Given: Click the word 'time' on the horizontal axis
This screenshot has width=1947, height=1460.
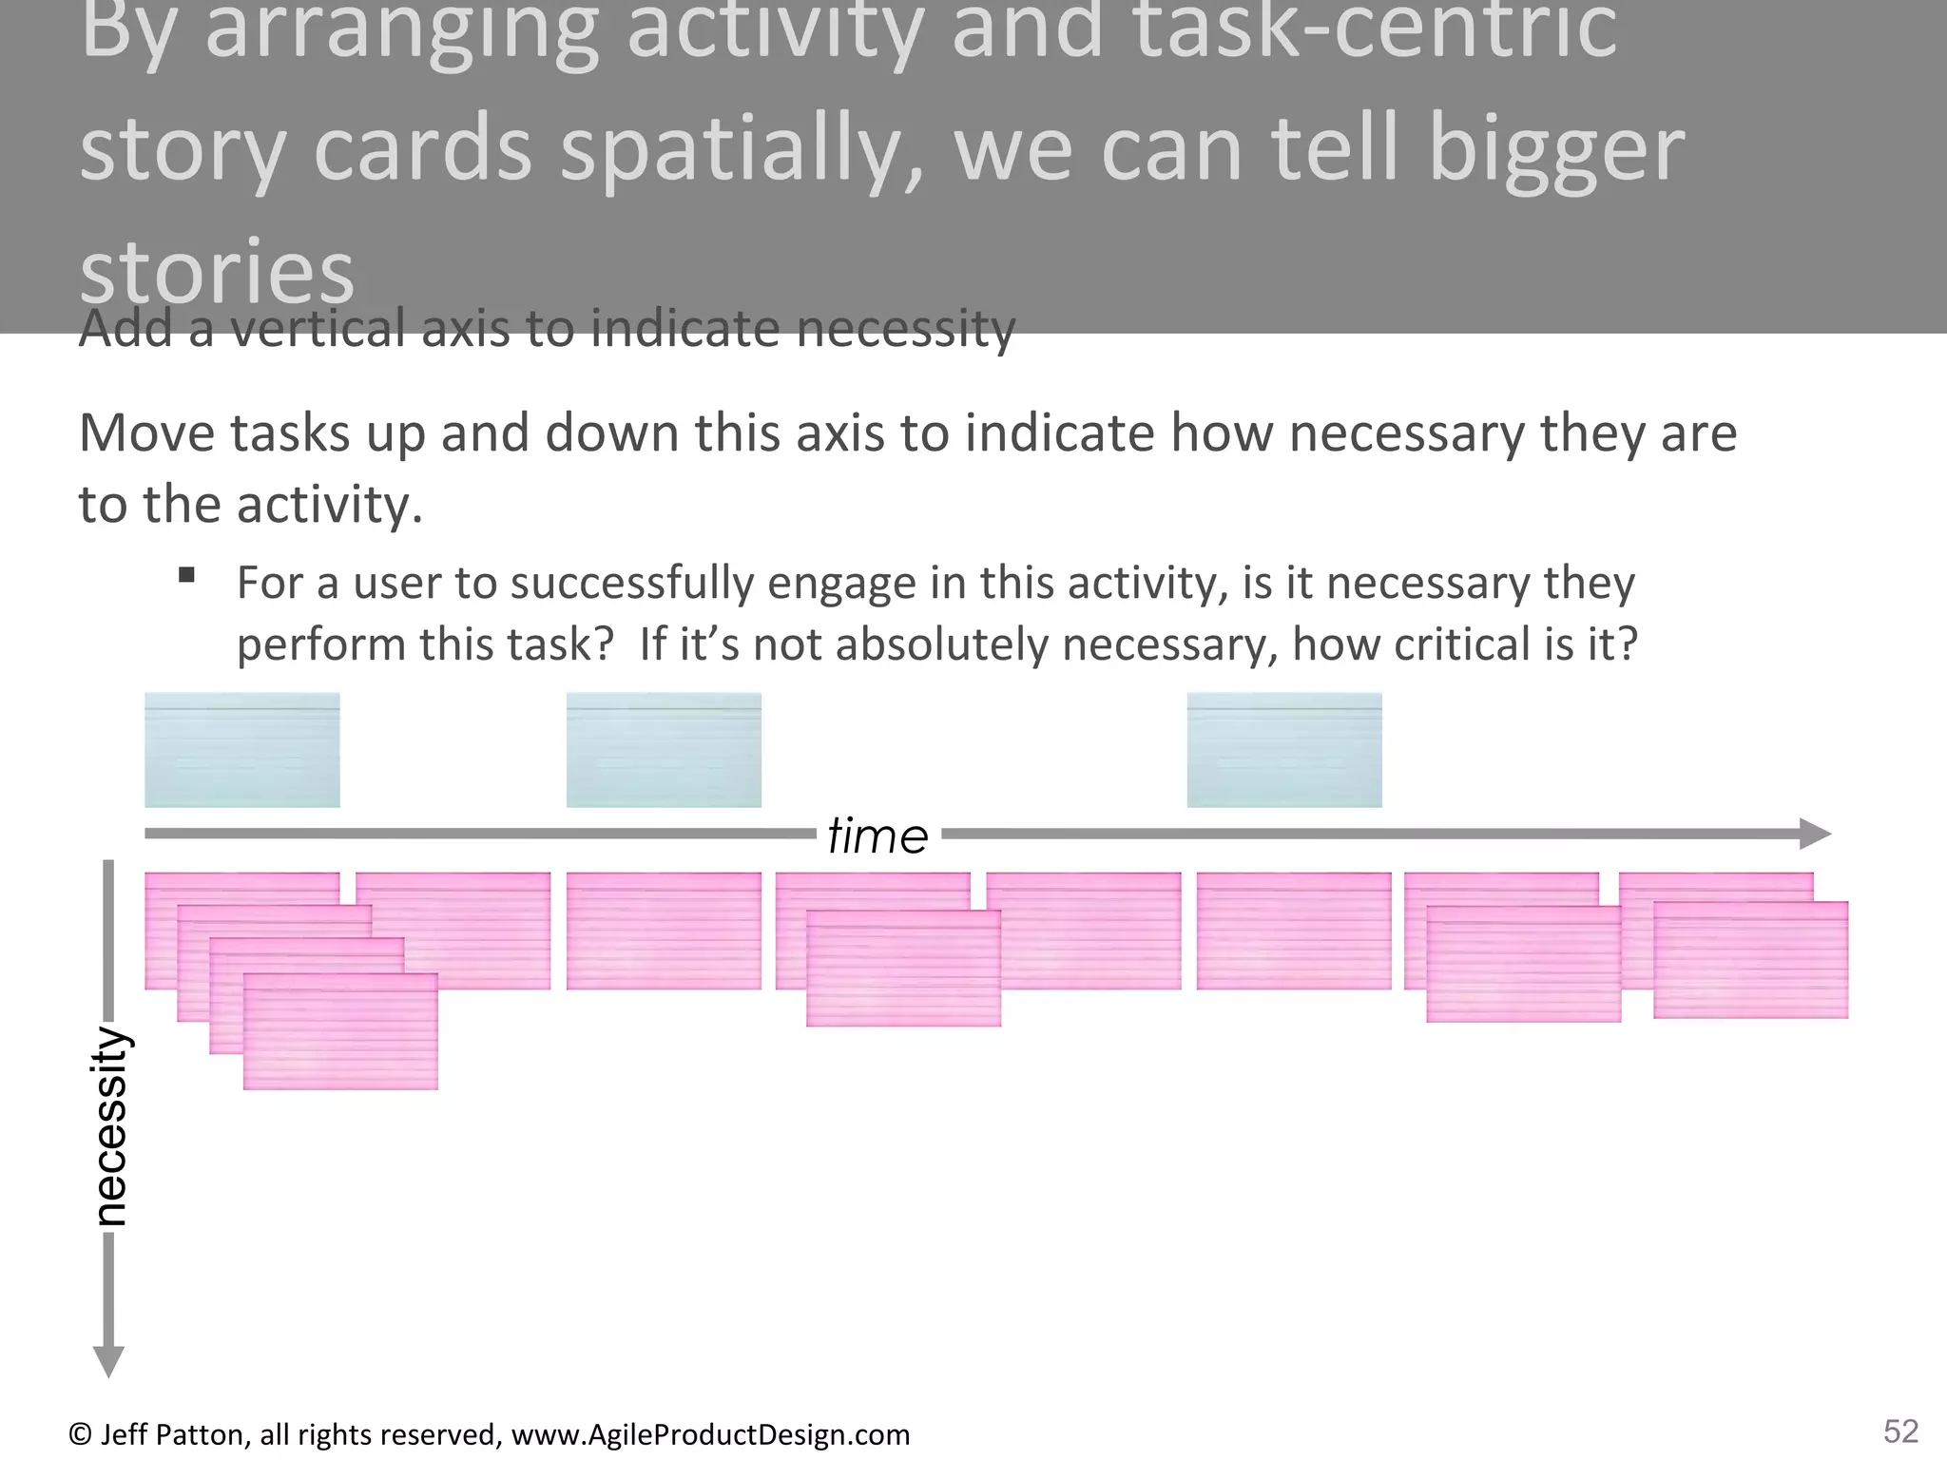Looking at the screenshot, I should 877,836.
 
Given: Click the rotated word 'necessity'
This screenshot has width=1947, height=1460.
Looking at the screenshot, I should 110,1126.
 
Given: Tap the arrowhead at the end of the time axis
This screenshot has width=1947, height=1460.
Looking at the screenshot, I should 1815,834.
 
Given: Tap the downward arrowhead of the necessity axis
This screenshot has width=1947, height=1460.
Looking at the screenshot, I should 108,1361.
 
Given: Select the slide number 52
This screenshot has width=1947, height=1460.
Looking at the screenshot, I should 1900,1431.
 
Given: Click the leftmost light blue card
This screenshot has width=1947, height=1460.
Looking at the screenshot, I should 241,750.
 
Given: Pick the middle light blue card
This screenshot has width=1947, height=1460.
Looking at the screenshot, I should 664,750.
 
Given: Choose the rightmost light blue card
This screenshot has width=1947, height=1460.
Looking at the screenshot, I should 1283,750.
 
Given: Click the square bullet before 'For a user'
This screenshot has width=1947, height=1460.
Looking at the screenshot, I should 186,574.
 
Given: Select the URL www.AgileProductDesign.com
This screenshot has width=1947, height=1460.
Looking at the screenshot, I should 710,1433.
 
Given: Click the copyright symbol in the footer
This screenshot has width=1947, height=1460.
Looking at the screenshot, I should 80,1433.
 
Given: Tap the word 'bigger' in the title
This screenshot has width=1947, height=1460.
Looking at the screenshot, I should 1555,150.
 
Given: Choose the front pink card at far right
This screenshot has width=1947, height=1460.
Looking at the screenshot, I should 1750,960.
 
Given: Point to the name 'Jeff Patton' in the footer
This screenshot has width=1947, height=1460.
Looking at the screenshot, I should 175,1433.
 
